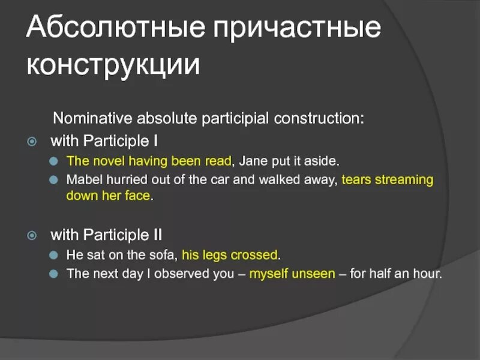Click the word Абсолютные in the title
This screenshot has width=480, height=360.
tap(115, 26)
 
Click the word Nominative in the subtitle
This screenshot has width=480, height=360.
tap(92, 118)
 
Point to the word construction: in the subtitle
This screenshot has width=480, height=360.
tap(319, 118)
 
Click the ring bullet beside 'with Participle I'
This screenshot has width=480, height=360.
tap(32, 142)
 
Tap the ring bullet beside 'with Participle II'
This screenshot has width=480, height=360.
tap(32, 235)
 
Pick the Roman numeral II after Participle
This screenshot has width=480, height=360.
tap(157, 235)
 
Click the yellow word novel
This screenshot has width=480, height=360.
tap(109, 161)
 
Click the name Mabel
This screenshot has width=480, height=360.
tap(84, 179)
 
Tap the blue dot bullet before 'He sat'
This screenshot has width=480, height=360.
tap(53, 255)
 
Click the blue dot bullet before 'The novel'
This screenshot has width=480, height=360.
tap(53, 161)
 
